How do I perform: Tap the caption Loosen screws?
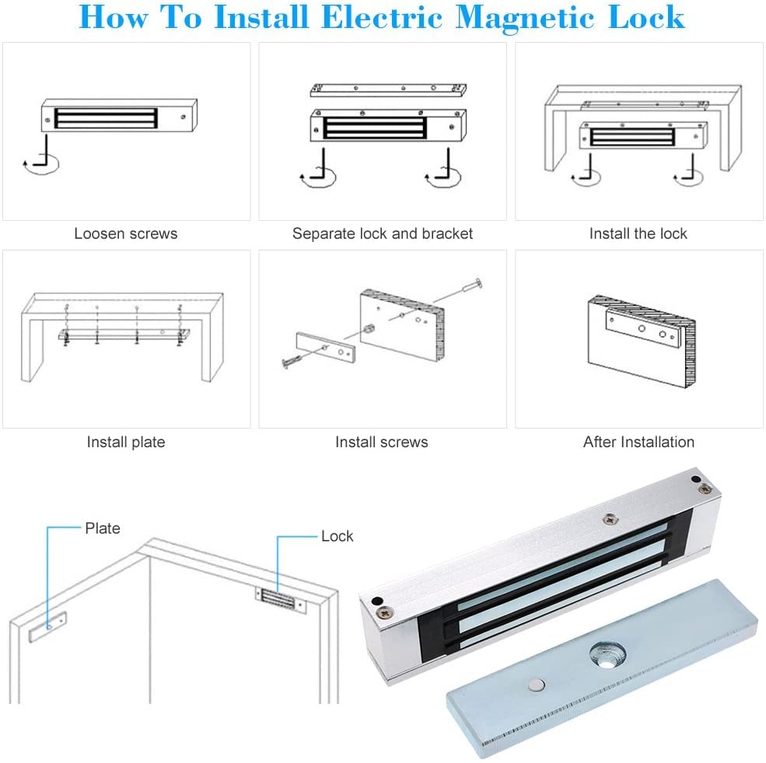pyautogui.click(x=126, y=233)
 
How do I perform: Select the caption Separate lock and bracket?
pyautogui.click(x=382, y=233)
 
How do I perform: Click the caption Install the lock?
pyautogui.click(x=638, y=233)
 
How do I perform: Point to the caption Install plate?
pyautogui.click(x=126, y=442)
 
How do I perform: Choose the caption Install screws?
pyautogui.click(x=381, y=442)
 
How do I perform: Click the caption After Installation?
pyautogui.click(x=638, y=442)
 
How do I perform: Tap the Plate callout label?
pyautogui.click(x=102, y=528)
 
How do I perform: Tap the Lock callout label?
pyautogui.click(x=337, y=536)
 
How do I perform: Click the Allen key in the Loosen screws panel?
pyautogui.click(x=41, y=152)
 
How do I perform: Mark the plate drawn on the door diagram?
pyautogui.click(x=48, y=626)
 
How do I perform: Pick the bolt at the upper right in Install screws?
pyautogui.click(x=471, y=286)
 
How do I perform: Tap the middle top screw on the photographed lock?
pyautogui.click(x=611, y=516)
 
